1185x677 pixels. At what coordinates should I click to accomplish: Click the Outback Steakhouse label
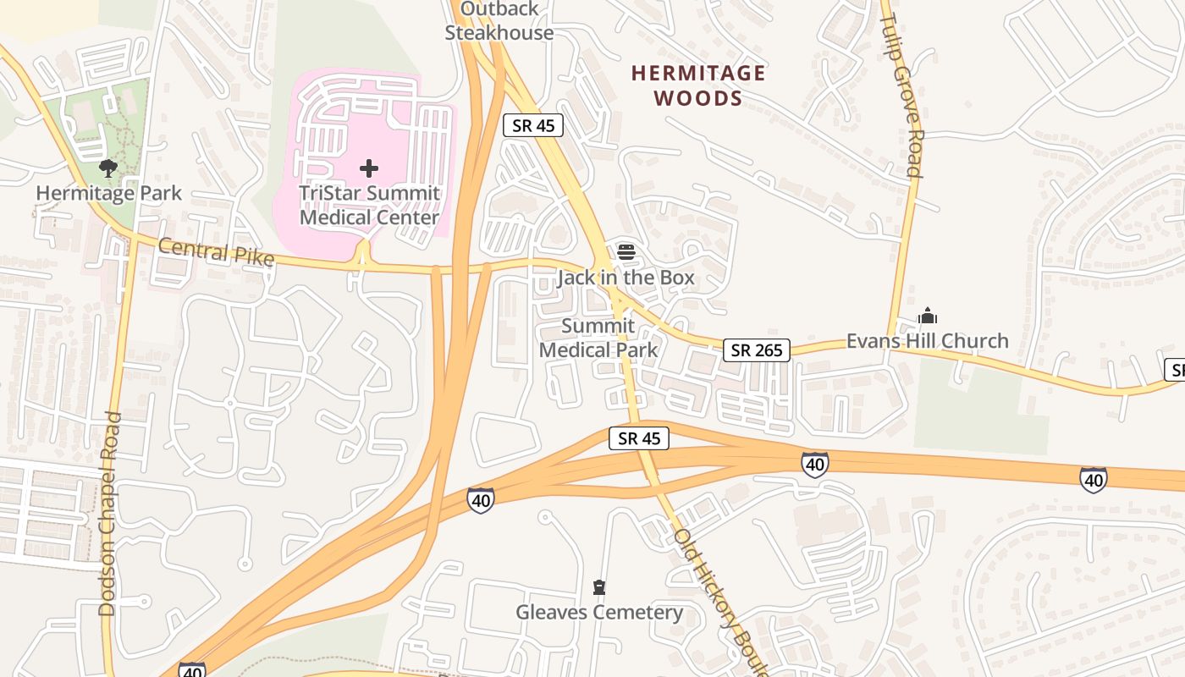tap(499, 21)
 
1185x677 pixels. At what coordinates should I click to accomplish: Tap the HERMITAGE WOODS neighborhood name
tap(698, 85)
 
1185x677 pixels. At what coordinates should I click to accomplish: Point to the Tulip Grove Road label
tap(901, 95)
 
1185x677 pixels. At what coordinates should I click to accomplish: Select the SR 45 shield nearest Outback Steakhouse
tap(533, 125)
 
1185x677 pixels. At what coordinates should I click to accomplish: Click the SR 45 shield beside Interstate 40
tap(639, 438)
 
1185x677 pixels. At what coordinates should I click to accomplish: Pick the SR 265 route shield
tap(757, 350)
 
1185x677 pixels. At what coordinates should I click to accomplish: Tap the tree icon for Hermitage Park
tap(107, 168)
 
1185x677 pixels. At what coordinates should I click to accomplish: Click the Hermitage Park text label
tap(108, 193)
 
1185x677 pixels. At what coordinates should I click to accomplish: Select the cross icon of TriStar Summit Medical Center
tap(369, 168)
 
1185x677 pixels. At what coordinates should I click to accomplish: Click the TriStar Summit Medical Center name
tap(370, 205)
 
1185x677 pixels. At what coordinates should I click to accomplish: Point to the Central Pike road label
tap(216, 251)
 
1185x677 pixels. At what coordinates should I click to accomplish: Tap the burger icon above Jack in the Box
tap(626, 251)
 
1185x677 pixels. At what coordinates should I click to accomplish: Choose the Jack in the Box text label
tap(626, 278)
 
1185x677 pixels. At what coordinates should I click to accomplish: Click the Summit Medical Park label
tap(598, 338)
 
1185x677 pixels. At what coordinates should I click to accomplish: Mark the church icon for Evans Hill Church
tap(928, 316)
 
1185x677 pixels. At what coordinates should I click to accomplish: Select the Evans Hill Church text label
tap(928, 341)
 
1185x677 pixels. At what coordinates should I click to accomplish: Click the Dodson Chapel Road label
tap(107, 514)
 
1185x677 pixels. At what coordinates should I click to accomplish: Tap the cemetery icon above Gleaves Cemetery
tap(599, 587)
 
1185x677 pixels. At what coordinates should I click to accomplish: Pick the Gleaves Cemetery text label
tap(599, 612)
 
